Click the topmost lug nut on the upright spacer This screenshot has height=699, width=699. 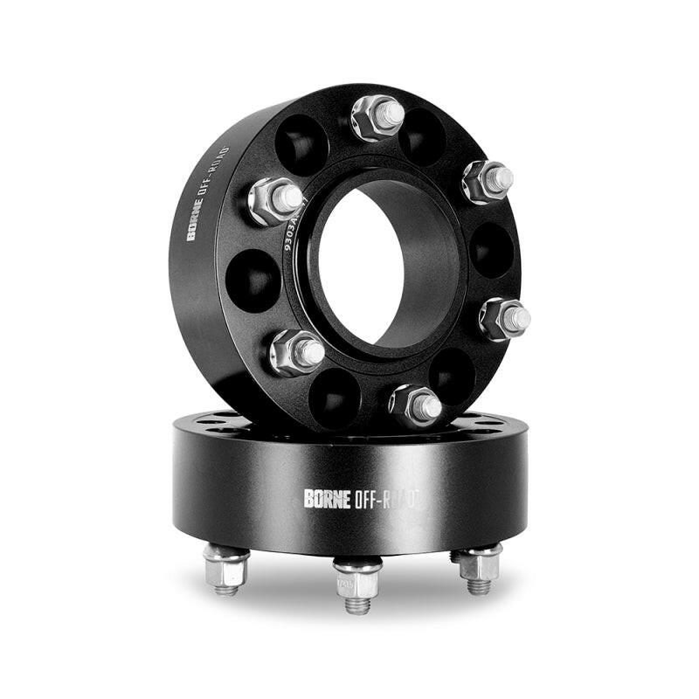pyautogui.click(x=377, y=117)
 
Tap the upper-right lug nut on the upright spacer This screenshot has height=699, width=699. pyautogui.click(x=487, y=180)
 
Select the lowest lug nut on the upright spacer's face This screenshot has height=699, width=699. pyautogui.click(x=414, y=404)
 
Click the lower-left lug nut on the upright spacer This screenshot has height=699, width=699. pyautogui.click(x=296, y=351)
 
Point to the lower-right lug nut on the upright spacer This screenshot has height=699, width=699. pyautogui.click(x=505, y=318)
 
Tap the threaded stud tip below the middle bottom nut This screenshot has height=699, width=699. pyautogui.click(x=357, y=604)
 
